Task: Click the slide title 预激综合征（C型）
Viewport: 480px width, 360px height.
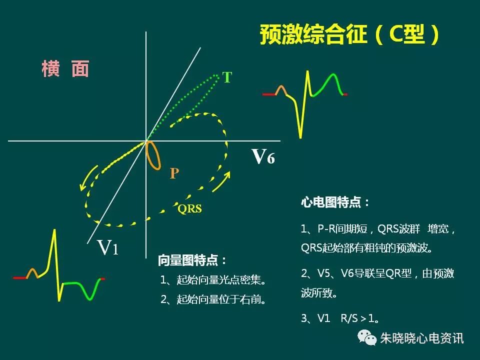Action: [350, 35]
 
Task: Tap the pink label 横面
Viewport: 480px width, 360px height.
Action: [65, 69]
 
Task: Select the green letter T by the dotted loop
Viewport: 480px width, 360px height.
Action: [227, 77]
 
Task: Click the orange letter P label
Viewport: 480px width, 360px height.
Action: [174, 173]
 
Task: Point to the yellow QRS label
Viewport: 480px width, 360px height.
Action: [189, 208]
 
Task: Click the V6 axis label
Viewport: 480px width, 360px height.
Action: [262, 157]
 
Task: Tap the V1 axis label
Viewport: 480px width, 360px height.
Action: [107, 247]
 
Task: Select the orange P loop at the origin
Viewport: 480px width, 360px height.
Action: [154, 155]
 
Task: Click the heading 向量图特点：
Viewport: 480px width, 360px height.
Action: [192, 260]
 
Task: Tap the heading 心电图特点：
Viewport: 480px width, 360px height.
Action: [335, 202]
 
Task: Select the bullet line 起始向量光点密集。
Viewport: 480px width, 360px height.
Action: [212, 280]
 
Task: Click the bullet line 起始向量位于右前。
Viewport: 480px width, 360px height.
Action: [212, 299]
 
